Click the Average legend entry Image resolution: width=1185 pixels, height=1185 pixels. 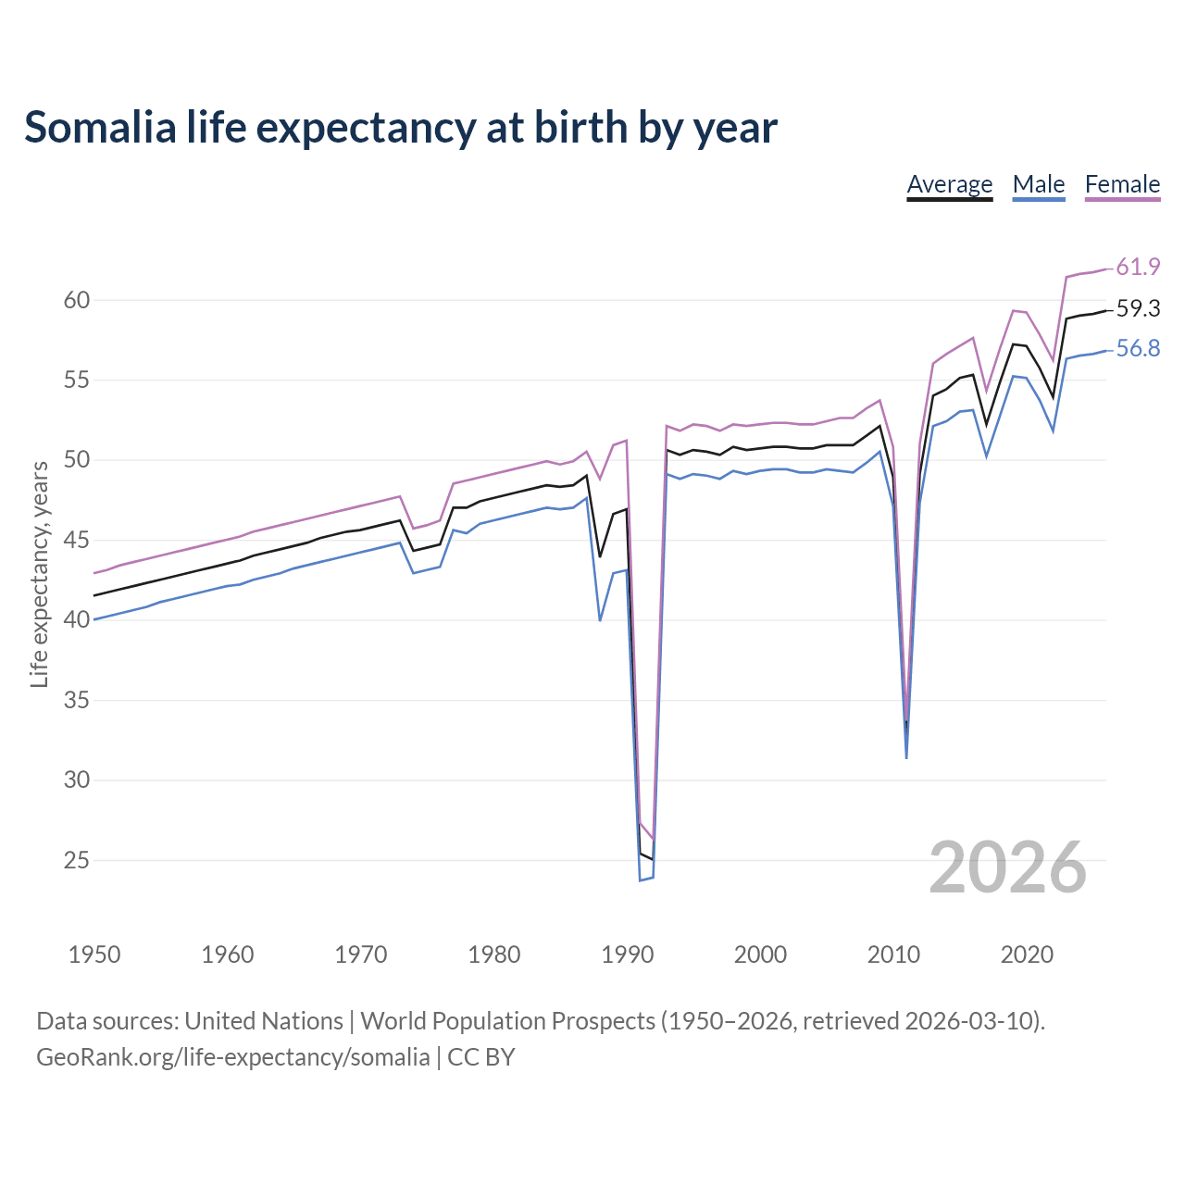point(949,184)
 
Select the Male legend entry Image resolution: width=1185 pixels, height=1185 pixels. point(1039,184)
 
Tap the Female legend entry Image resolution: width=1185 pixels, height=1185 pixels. point(1122,184)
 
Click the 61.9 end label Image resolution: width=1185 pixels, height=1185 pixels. point(1138,268)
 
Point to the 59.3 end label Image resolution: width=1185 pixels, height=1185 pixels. point(1138,309)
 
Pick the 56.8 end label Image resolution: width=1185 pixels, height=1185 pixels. point(1138,349)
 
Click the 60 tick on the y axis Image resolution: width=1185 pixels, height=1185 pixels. point(77,300)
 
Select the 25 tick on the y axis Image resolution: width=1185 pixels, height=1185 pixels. point(77,860)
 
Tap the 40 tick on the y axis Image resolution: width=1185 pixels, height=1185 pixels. point(77,619)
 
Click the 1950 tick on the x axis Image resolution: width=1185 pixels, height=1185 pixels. point(94,954)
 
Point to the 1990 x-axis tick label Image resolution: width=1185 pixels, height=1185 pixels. point(628,954)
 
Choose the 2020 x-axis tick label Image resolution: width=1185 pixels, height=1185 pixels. point(1027,954)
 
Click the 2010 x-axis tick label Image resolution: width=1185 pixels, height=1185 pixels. point(893,954)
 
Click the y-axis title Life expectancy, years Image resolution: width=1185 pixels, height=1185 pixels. point(39,575)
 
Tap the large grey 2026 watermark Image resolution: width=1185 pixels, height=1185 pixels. point(1007,867)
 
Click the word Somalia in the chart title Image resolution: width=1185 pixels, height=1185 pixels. point(100,128)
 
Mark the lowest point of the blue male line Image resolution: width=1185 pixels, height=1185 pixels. point(640,879)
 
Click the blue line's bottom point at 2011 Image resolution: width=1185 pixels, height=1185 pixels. point(906,758)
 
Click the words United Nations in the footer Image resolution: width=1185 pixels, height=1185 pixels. point(264,1021)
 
